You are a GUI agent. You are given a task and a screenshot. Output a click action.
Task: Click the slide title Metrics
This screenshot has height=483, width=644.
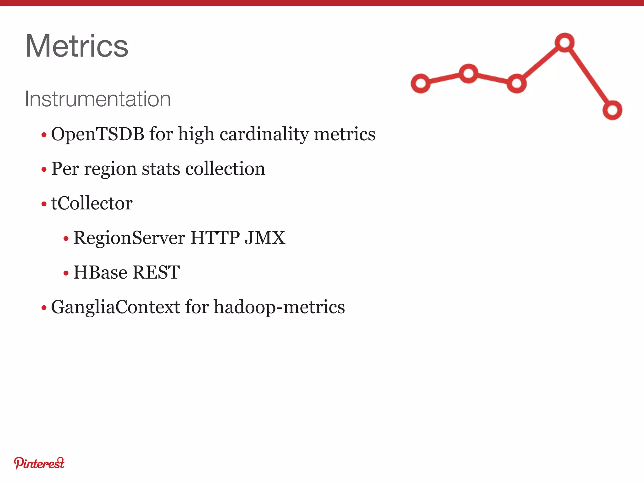pyautogui.click(x=77, y=46)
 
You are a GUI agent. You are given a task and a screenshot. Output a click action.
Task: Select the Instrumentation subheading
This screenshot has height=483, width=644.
pyautogui.click(x=97, y=99)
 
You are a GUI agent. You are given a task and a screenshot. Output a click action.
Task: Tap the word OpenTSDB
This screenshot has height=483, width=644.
pyautogui.click(x=97, y=134)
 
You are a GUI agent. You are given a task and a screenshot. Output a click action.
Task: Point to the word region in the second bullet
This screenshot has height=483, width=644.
pyautogui.click(x=110, y=169)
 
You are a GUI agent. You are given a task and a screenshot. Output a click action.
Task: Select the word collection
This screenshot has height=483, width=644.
pyautogui.click(x=225, y=169)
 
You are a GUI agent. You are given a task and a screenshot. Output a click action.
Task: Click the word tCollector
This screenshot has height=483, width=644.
pyautogui.click(x=92, y=203)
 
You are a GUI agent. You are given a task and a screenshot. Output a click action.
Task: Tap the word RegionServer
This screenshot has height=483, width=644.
pyautogui.click(x=129, y=238)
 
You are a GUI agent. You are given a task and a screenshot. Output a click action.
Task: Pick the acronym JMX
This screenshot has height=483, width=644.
pyautogui.click(x=265, y=238)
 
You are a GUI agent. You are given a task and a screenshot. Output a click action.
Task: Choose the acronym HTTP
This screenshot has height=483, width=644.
pyautogui.click(x=215, y=238)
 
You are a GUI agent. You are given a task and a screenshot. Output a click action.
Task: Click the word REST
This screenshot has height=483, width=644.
pyautogui.click(x=156, y=272)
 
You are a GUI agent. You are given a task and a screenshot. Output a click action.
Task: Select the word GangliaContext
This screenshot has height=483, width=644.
pyautogui.click(x=115, y=307)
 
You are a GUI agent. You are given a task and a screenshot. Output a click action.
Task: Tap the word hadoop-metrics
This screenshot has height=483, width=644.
pyautogui.click(x=279, y=307)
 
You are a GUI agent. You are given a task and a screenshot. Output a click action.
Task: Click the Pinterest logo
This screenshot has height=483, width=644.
pyautogui.click(x=39, y=463)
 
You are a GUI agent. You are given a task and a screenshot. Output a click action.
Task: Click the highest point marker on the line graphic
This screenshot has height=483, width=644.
pyautogui.click(x=565, y=42)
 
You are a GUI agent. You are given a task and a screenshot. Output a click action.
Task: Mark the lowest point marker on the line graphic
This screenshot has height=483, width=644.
pyautogui.click(x=612, y=110)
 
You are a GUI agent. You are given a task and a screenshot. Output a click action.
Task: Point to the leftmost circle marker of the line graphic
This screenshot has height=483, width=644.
pyautogui.click(x=421, y=84)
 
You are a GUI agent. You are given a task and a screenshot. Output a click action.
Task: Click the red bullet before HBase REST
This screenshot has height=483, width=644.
pyautogui.click(x=66, y=273)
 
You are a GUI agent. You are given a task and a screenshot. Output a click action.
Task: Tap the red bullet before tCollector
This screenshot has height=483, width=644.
pyautogui.click(x=44, y=204)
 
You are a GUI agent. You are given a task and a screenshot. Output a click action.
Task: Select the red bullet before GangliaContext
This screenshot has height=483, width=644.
pyautogui.click(x=44, y=308)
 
